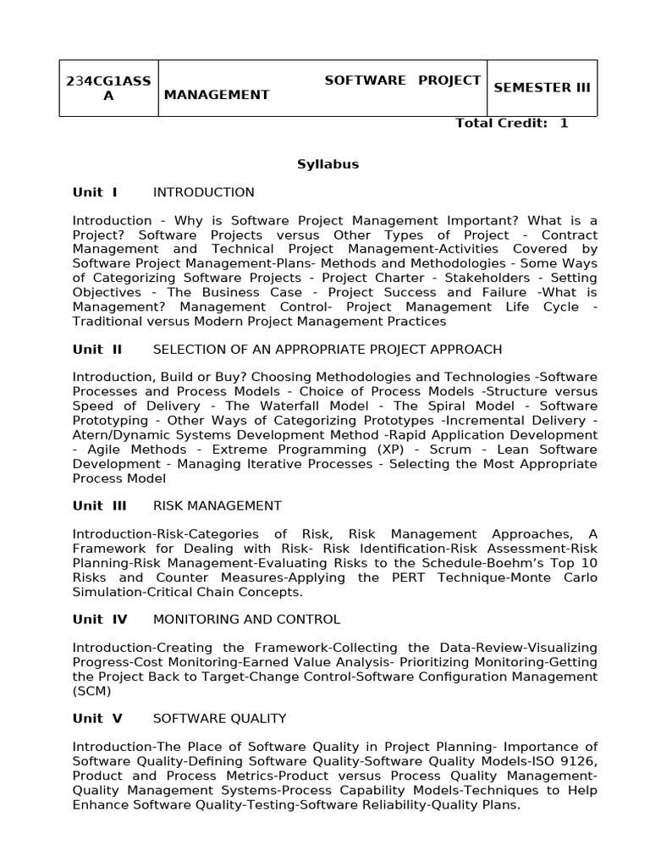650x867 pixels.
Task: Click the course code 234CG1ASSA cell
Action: click(108, 88)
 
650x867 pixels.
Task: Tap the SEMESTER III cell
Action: click(542, 87)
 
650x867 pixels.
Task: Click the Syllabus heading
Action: click(328, 164)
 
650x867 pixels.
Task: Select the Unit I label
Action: click(95, 192)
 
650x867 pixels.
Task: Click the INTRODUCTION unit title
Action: click(203, 192)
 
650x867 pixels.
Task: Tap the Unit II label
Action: click(97, 349)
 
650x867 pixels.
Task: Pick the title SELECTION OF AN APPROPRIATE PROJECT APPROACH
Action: click(327, 349)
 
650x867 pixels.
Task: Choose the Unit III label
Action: click(99, 505)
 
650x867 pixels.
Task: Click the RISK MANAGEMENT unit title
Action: click(217, 505)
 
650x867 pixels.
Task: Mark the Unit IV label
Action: click(100, 619)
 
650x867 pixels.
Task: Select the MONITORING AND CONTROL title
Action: click(246, 619)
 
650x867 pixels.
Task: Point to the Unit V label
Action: click(97, 718)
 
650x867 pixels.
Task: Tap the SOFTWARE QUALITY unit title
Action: click(219, 718)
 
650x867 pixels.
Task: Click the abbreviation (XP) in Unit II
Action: click(388, 450)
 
